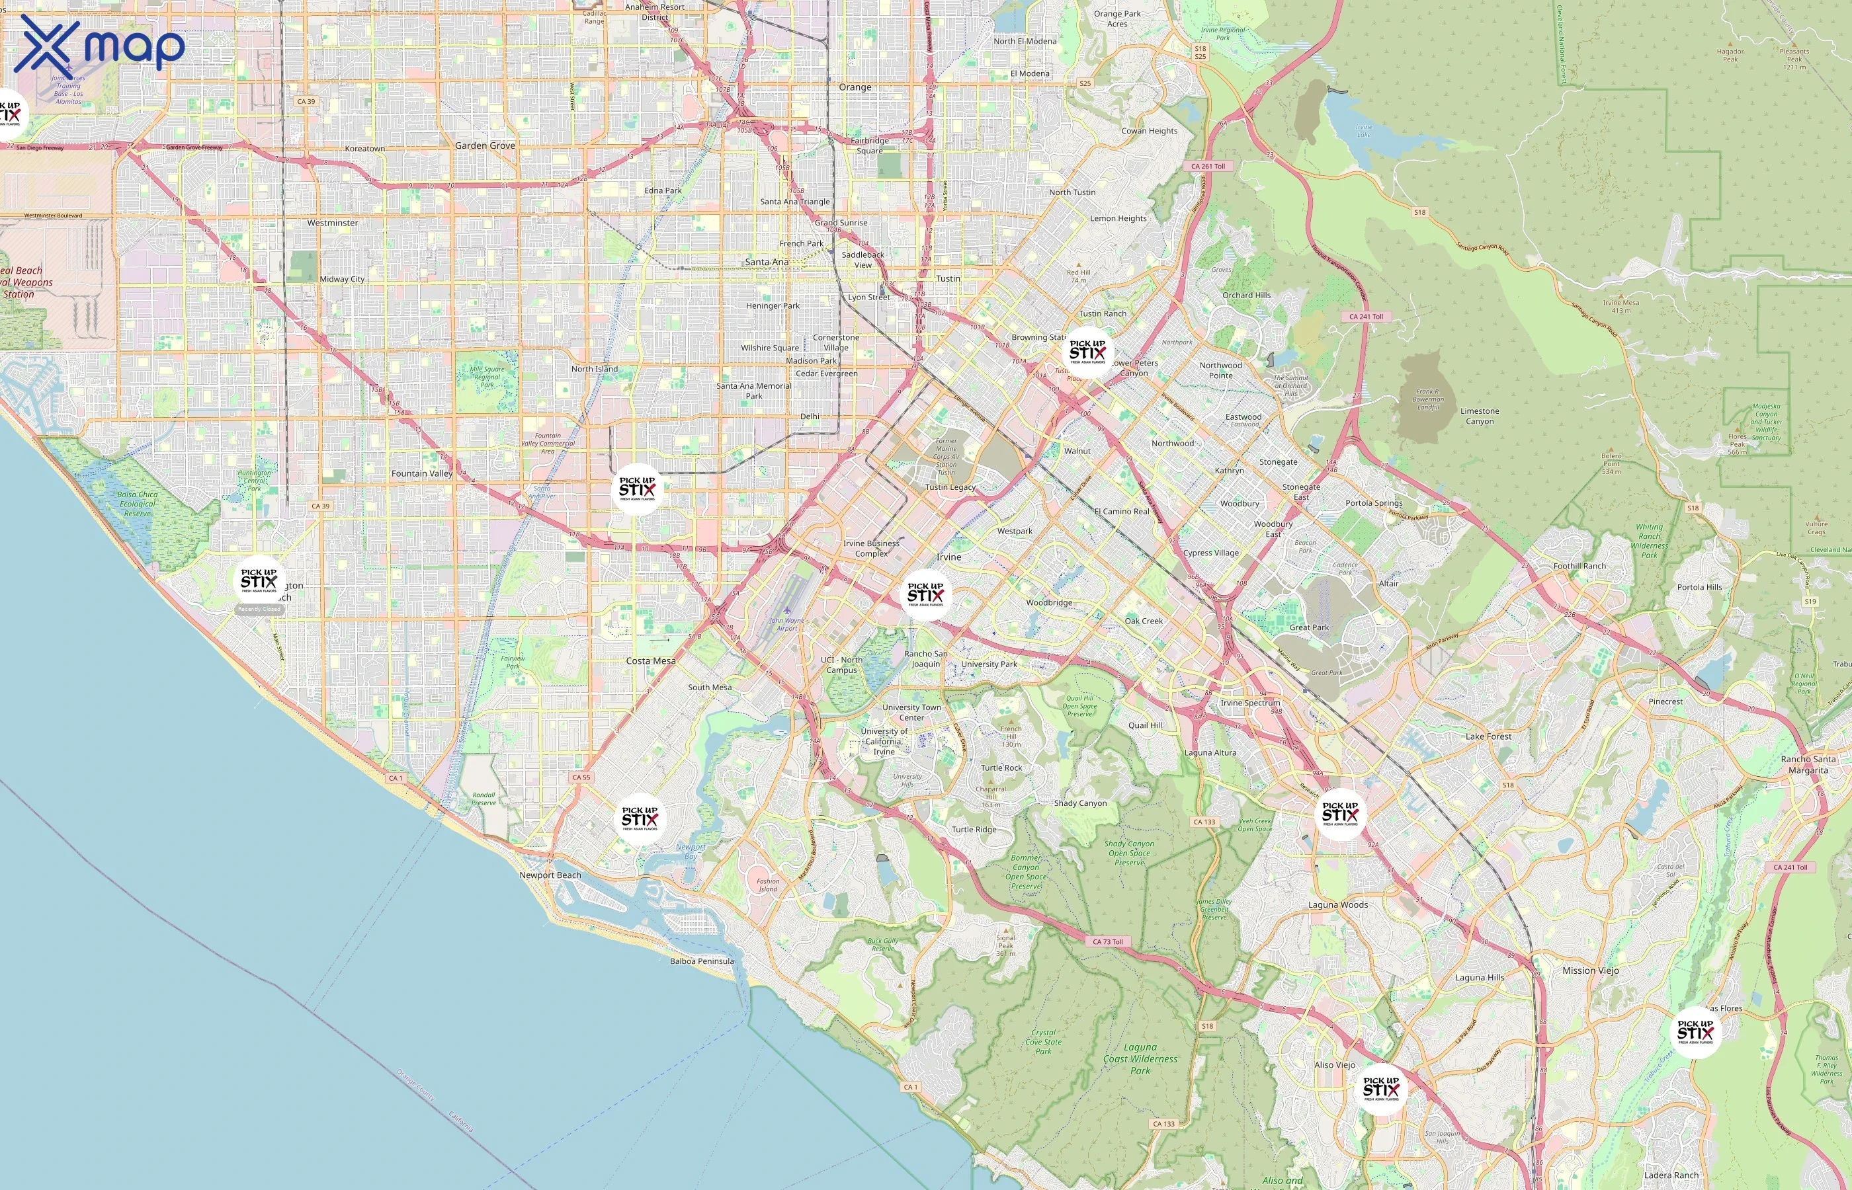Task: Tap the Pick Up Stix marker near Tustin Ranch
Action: tap(1087, 352)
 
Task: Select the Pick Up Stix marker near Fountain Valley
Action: tap(637, 489)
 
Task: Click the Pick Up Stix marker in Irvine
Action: tap(925, 594)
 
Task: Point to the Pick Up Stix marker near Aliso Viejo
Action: tap(1380, 1090)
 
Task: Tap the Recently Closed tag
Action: tap(259, 610)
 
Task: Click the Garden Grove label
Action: tap(485, 145)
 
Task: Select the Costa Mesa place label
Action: tap(651, 660)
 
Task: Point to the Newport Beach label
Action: tap(550, 875)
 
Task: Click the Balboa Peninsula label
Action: tap(701, 961)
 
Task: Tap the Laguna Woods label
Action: tap(1338, 905)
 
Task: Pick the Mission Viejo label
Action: tap(1590, 971)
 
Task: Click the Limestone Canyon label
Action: tap(1480, 416)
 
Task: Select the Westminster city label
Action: tap(333, 223)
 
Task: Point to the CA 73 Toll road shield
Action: tap(1108, 942)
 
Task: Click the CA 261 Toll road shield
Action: tap(1207, 166)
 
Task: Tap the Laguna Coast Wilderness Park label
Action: tap(1140, 1058)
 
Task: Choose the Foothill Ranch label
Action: tap(1579, 566)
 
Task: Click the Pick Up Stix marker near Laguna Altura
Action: tap(1339, 814)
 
